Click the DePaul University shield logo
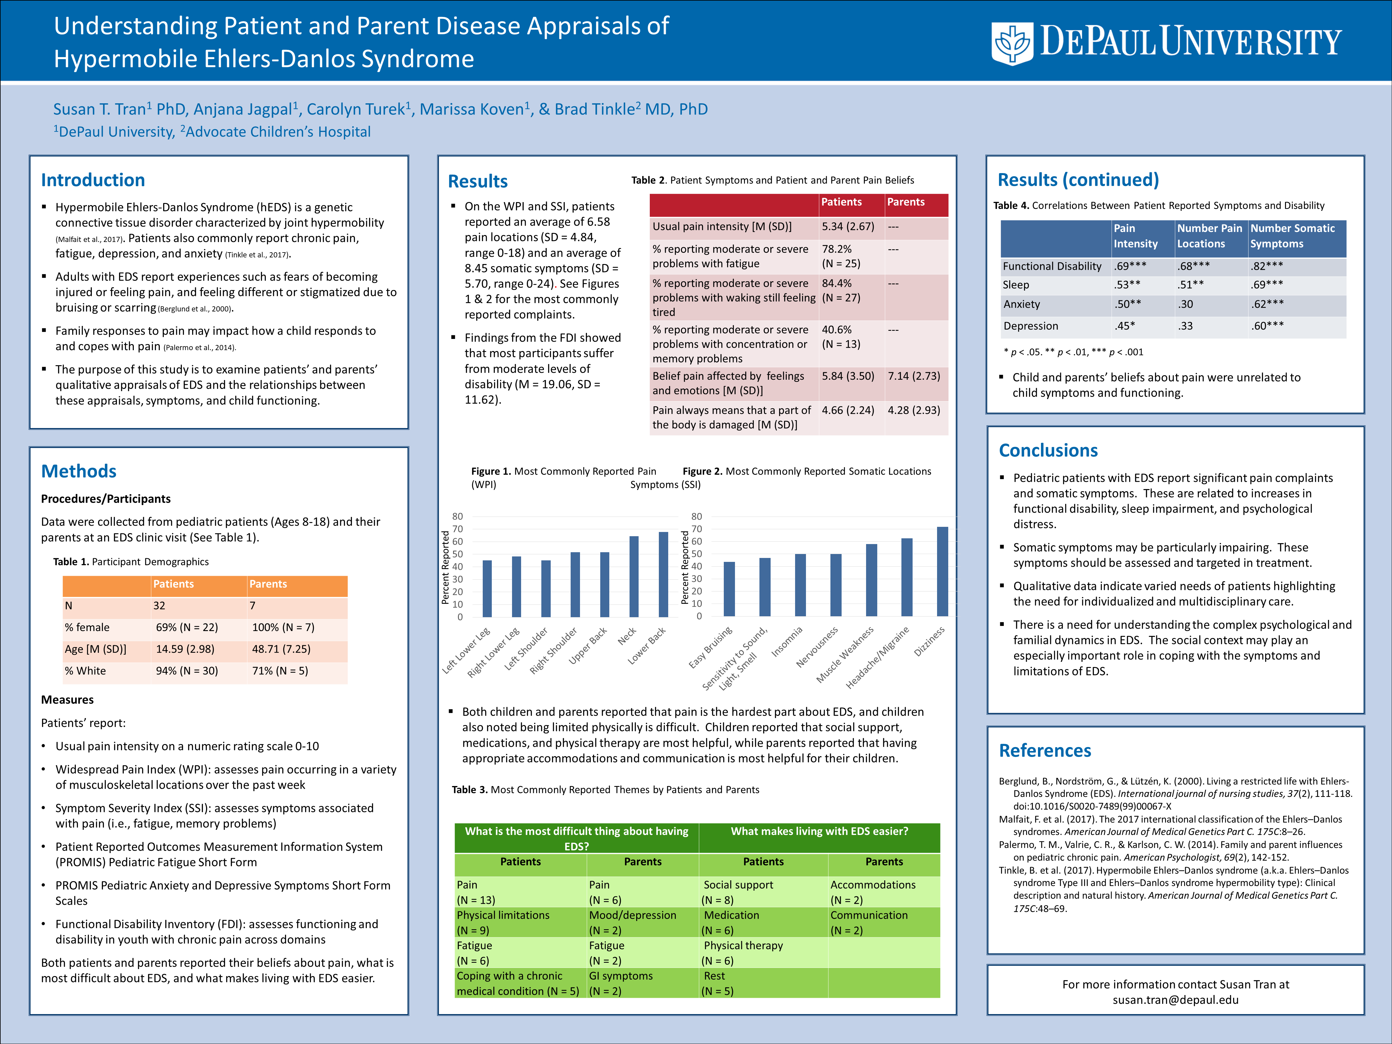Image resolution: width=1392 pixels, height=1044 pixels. click(1012, 43)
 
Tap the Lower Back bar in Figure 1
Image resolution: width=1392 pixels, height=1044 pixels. click(663, 574)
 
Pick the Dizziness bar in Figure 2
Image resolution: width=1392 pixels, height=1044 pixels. click(942, 572)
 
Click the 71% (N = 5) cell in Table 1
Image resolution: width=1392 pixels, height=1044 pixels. click(280, 671)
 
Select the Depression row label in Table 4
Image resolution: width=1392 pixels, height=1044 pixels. click(1030, 326)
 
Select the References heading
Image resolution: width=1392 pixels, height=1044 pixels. click(1045, 751)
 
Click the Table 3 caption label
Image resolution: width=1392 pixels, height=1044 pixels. click(469, 790)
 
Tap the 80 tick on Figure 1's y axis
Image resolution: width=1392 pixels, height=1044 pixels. click(457, 517)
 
